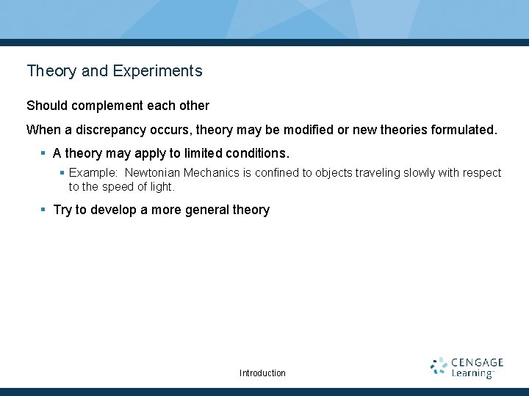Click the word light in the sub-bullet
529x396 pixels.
tap(162, 187)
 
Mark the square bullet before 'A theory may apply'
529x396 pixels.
tap(43, 154)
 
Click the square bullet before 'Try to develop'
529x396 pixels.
tap(43, 210)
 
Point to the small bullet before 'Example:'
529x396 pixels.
tap(62, 173)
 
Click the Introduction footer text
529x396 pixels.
tap(262, 373)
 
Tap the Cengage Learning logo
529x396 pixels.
tap(467, 367)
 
